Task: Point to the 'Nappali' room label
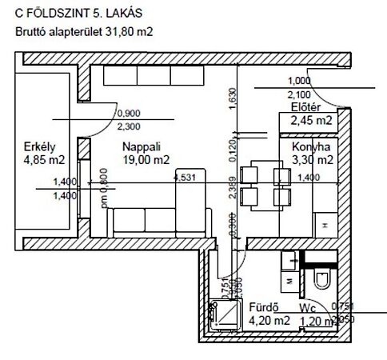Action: coord(141,147)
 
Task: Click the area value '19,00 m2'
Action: coord(146,160)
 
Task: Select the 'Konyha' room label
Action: coord(310,147)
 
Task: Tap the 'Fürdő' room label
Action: coord(263,307)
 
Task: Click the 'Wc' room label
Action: coord(308,307)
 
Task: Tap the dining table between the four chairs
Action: coord(263,184)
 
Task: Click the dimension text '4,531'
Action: coord(184,177)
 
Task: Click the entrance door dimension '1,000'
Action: coord(298,81)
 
